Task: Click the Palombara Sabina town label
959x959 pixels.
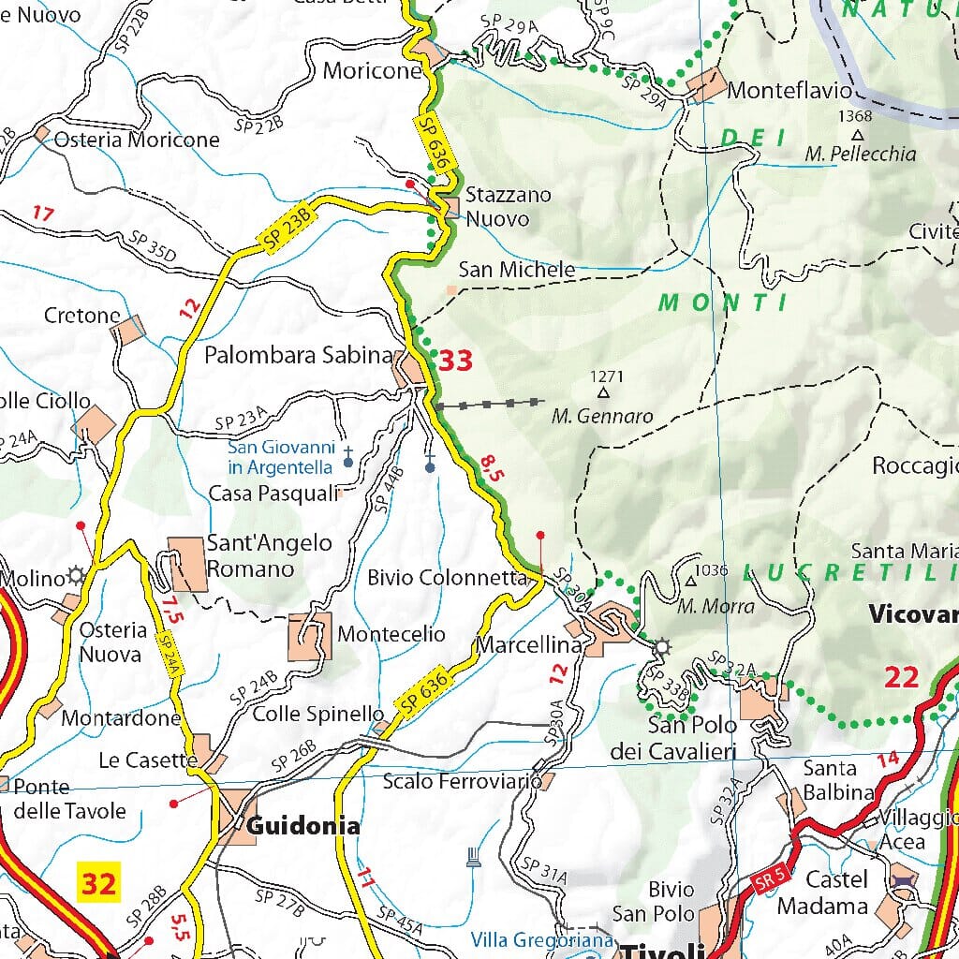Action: click(298, 356)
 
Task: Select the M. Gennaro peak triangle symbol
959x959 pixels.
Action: click(604, 394)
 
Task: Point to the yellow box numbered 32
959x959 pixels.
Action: click(97, 883)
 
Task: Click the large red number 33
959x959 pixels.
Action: click(456, 361)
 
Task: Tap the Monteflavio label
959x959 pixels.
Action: click(789, 91)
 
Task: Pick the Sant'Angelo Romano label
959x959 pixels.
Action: click(269, 556)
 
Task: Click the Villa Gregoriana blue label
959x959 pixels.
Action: click(542, 939)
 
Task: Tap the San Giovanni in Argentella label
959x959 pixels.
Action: click(280, 457)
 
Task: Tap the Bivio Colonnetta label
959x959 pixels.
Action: click(448, 578)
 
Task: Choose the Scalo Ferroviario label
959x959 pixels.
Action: click(462, 780)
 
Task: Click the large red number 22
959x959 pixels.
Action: click(901, 677)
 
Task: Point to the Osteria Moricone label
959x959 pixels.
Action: click(137, 140)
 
